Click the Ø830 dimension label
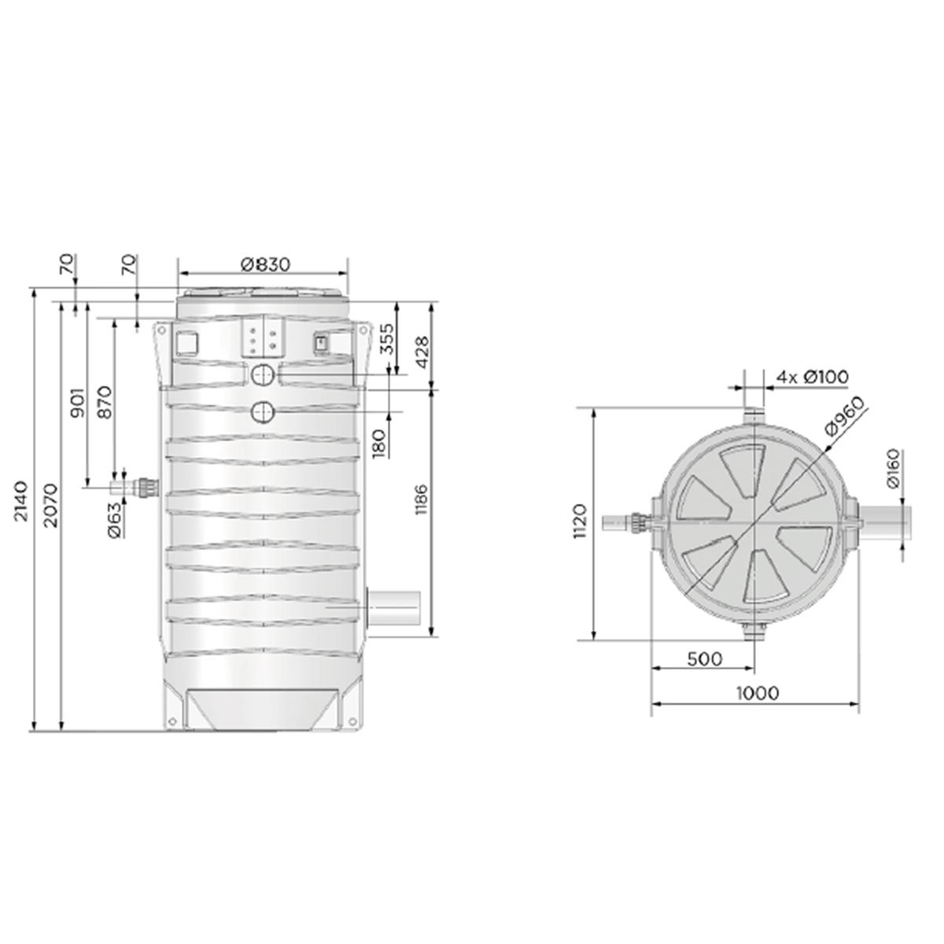[266, 264]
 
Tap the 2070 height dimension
[50, 506]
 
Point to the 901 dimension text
[77, 403]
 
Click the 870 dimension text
[105, 402]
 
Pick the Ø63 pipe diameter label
[115, 520]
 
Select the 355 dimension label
[387, 338]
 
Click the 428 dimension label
[422, 352]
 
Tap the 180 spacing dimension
[378, 443]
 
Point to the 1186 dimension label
[422, 500]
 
